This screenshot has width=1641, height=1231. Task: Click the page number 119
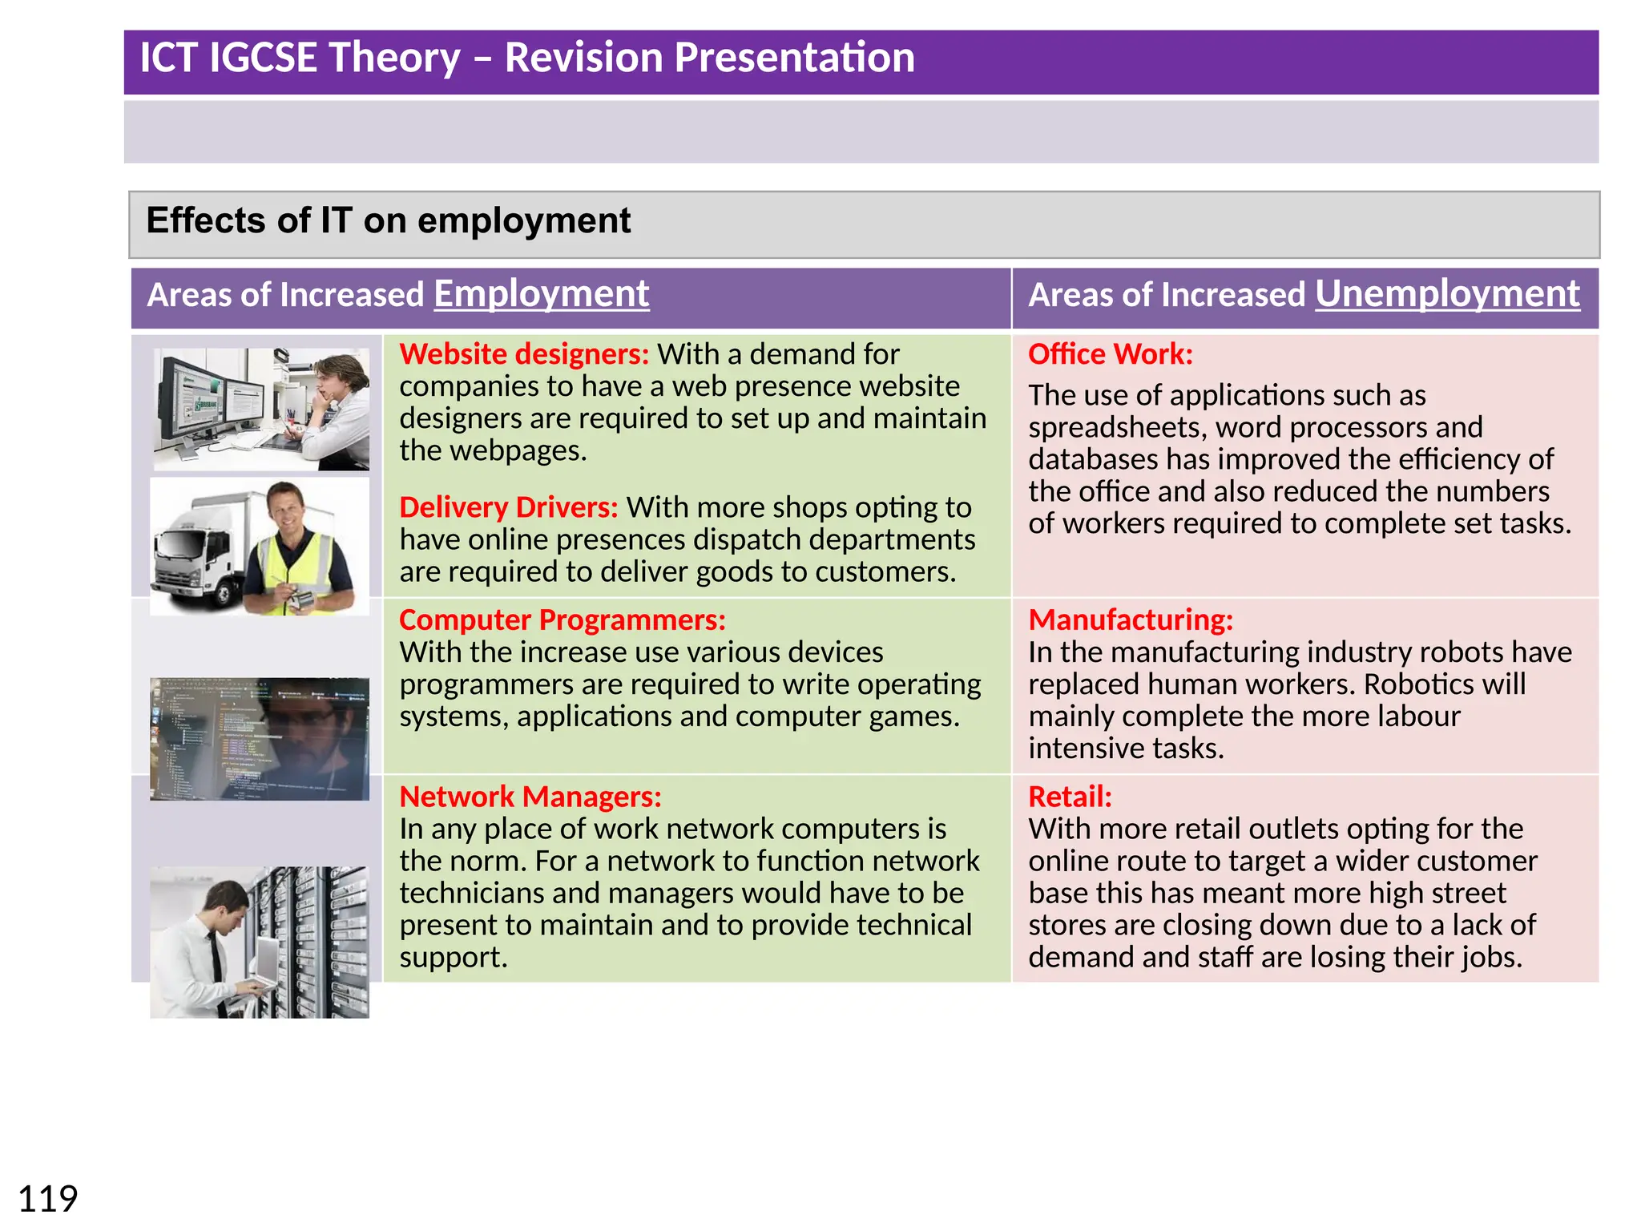click(x=48, y=1200)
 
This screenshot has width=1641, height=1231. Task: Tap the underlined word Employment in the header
click(x=541, y=294)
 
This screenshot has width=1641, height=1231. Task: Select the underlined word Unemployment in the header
click(x=1447, y=294)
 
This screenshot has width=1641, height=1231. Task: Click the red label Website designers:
click(x=524, y=354)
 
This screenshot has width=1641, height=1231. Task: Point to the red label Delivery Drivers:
click(x=508, y=507)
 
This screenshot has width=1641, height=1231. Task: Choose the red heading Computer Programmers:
click(x=562, y=620)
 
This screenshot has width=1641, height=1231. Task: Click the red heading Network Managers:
click(x=530, y=797)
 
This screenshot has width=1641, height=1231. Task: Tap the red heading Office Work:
click(x=1111, y=354)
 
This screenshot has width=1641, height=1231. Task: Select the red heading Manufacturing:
click(x=1131, y=620)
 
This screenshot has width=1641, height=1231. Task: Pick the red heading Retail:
click(x=1070, y=797)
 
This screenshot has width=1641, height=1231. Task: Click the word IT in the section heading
click(x=336, y=220)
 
